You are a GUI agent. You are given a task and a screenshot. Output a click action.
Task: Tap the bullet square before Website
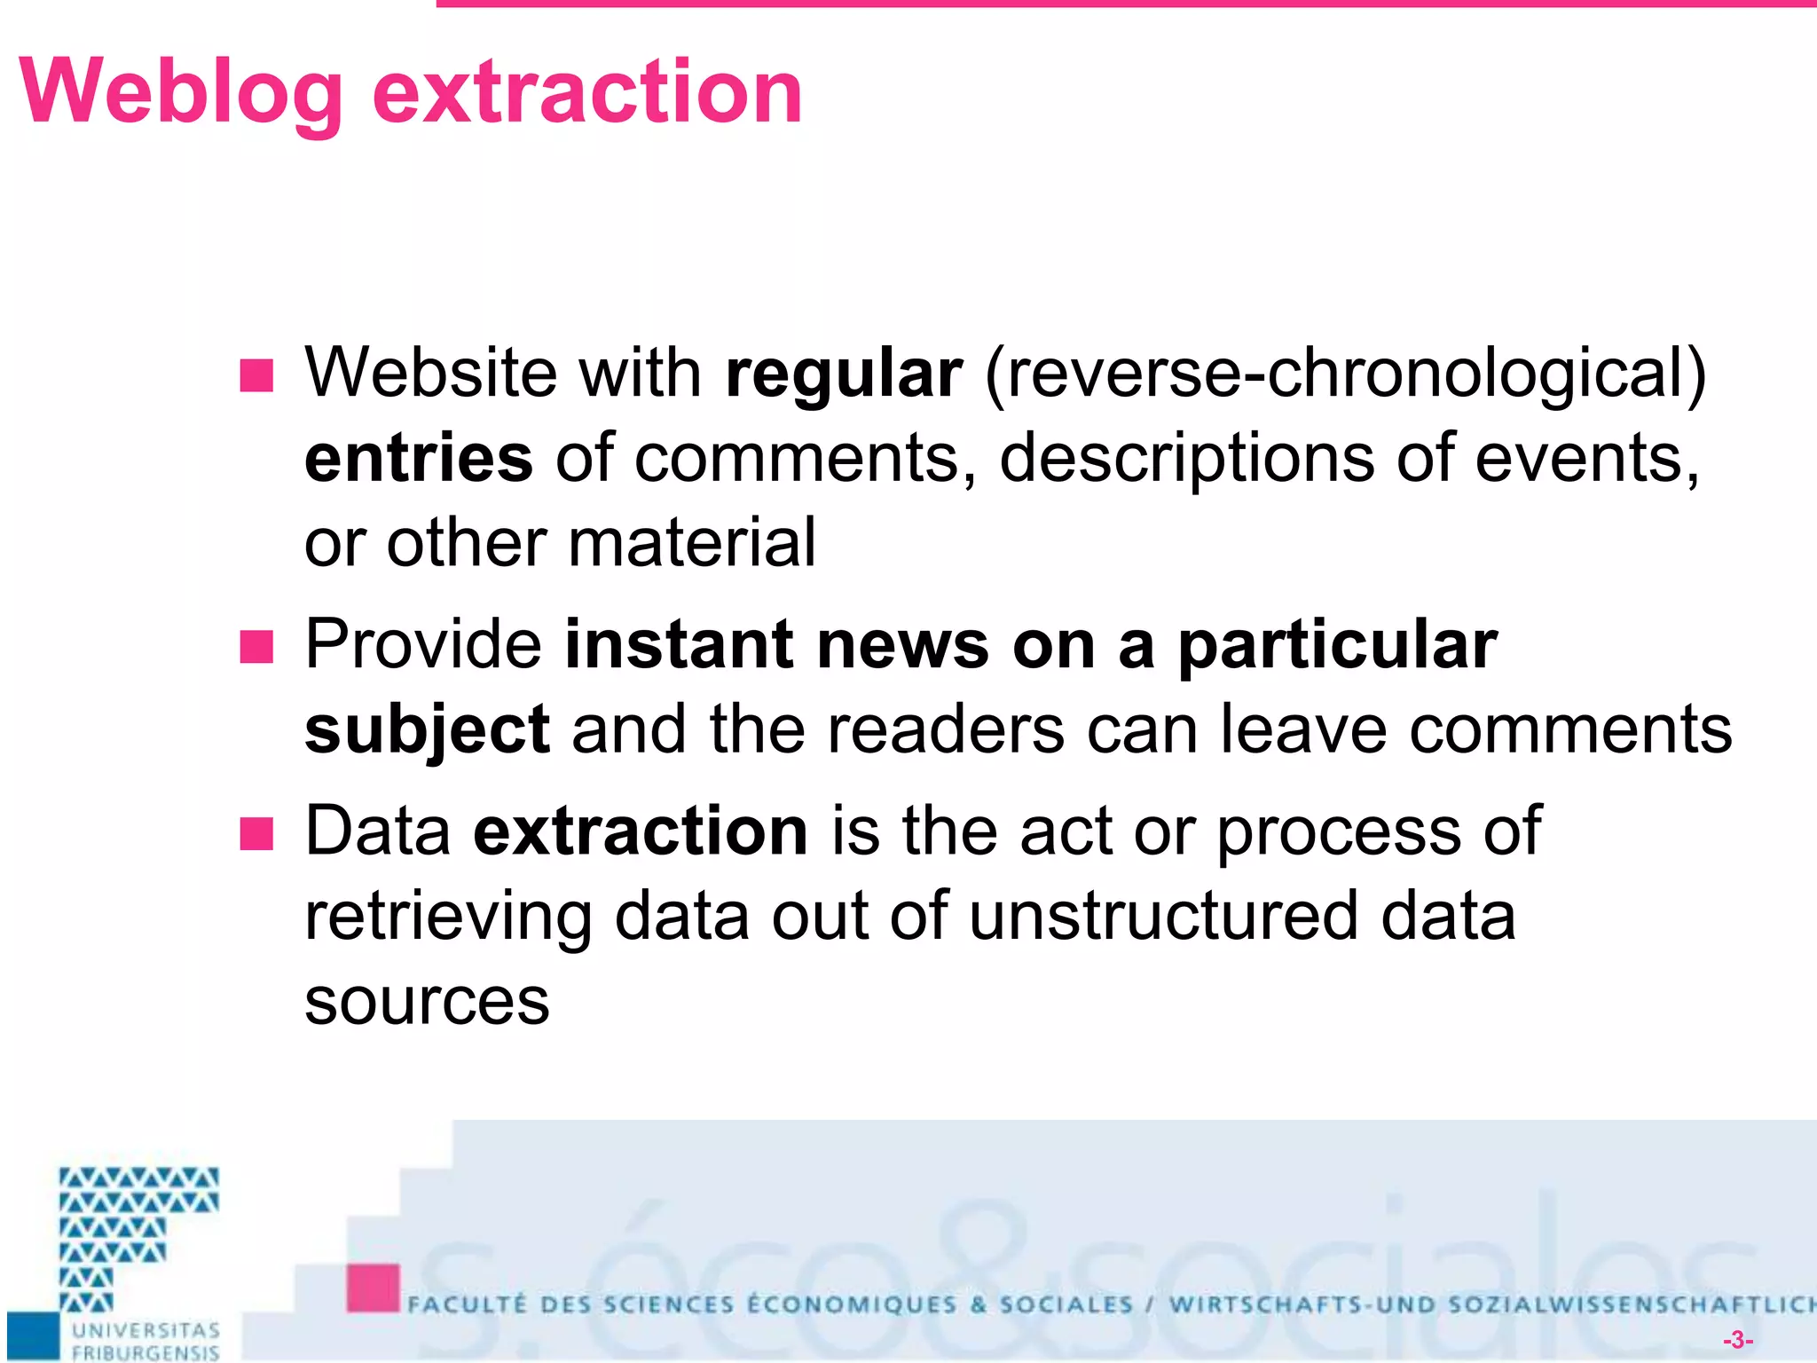point(256,375)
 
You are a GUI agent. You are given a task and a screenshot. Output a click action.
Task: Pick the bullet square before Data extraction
point(256,834)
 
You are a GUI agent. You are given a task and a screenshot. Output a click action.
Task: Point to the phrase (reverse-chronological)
point(1345,373)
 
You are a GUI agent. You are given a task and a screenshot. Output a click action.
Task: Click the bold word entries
point(419,458)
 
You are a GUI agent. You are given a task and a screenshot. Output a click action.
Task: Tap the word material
point(691,543)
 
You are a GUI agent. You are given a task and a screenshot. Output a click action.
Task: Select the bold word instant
point(679,645)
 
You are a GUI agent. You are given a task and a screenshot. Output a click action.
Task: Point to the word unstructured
point(1162,916)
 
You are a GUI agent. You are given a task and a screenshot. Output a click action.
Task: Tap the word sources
point(427,1001)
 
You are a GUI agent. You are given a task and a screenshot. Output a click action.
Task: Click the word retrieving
point(448,918)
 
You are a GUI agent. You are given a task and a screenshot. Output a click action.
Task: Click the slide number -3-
point(1737,1340)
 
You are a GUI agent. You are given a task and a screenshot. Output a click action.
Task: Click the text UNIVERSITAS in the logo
point(146,1330)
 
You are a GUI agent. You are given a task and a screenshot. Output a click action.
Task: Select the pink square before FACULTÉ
point(373,1288)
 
